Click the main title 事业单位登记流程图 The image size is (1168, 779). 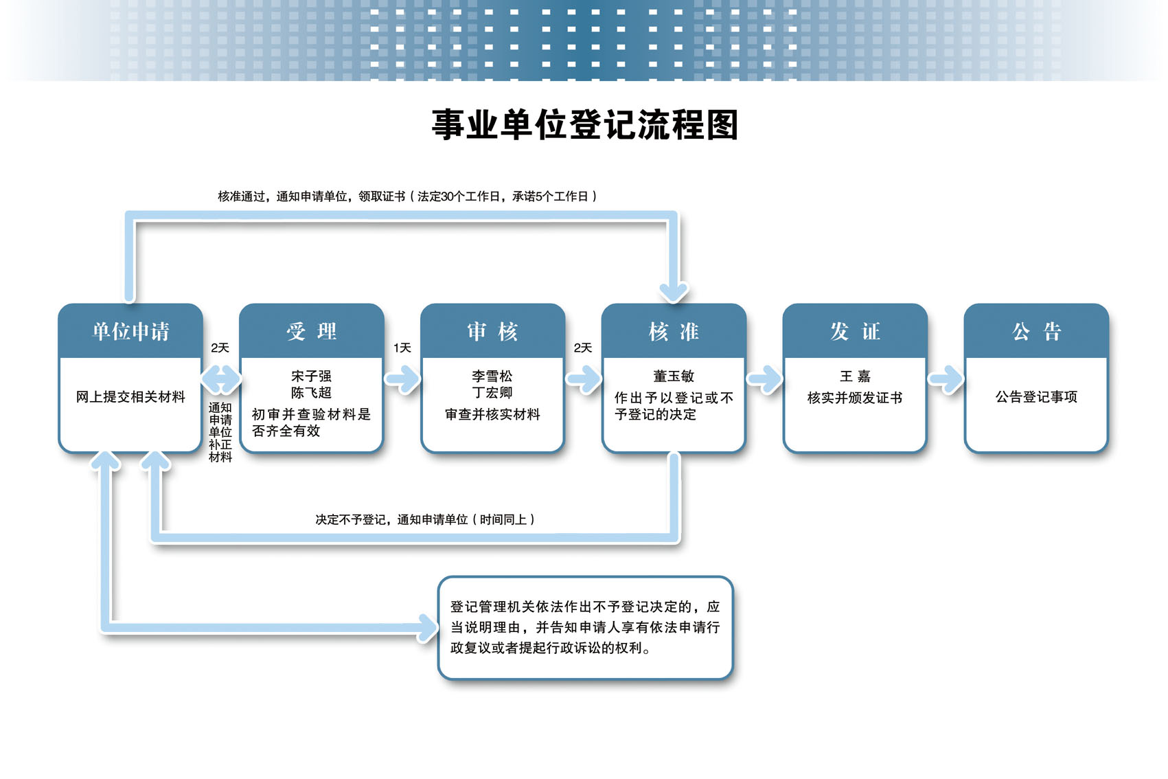[584, 125]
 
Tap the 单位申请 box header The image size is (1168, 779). [130, 331]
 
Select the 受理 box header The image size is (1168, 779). [311, 331]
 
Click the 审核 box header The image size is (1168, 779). [493, 331]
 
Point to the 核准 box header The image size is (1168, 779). [674, 331]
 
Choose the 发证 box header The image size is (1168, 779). [855, 331]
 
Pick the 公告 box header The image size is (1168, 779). [1036, 331]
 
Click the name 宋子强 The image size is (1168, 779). [311, 376]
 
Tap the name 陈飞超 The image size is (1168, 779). [311, 392]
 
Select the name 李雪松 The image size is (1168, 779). [492, 376]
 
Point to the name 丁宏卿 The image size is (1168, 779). [492, 392]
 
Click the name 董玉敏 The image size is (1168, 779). [674, 376]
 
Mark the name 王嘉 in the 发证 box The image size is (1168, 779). [855, 376]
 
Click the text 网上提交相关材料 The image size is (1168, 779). [130, 397]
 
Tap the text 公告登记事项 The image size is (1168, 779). [1036, 397]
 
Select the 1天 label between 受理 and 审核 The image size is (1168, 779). [402, 348]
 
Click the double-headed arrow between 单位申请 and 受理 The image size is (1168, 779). [221, 379]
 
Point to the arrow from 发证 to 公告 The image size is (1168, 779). [946, 379]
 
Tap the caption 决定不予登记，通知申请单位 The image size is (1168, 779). [391, 520]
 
